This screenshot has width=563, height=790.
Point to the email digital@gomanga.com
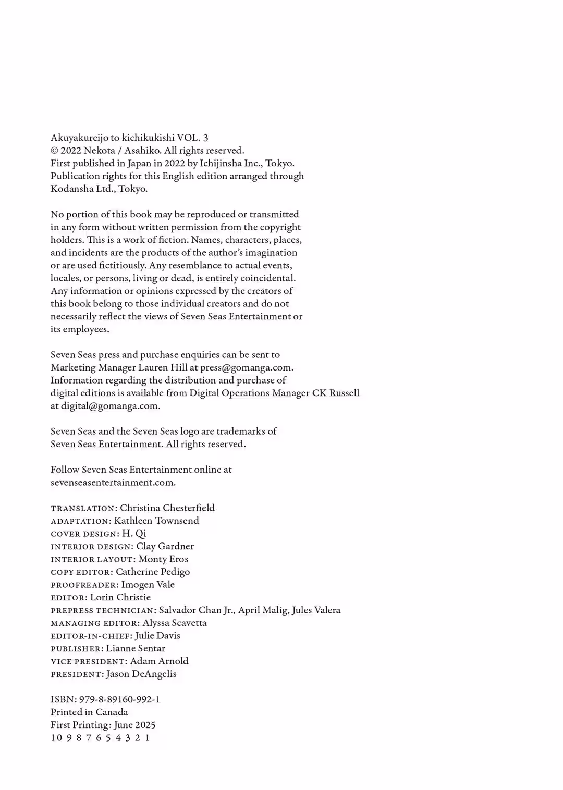(x=110, y=406)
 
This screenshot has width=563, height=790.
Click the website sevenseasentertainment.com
(x=113, y=483)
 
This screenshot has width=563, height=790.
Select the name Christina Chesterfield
(x=167, y=508)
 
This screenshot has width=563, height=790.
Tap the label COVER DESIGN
(x=84, y=534)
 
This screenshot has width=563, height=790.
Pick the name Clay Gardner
(x=165, y=546)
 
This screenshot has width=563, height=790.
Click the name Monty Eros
(x=163, y=559)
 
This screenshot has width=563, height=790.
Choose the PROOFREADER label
(x=84, y=585)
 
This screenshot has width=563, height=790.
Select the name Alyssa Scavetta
(x=175, y=623)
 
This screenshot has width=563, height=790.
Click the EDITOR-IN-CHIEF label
(x=91, y=636)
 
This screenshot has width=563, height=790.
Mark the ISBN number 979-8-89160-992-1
(x=119, y=700)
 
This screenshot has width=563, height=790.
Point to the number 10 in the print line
(x=55, y=738)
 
